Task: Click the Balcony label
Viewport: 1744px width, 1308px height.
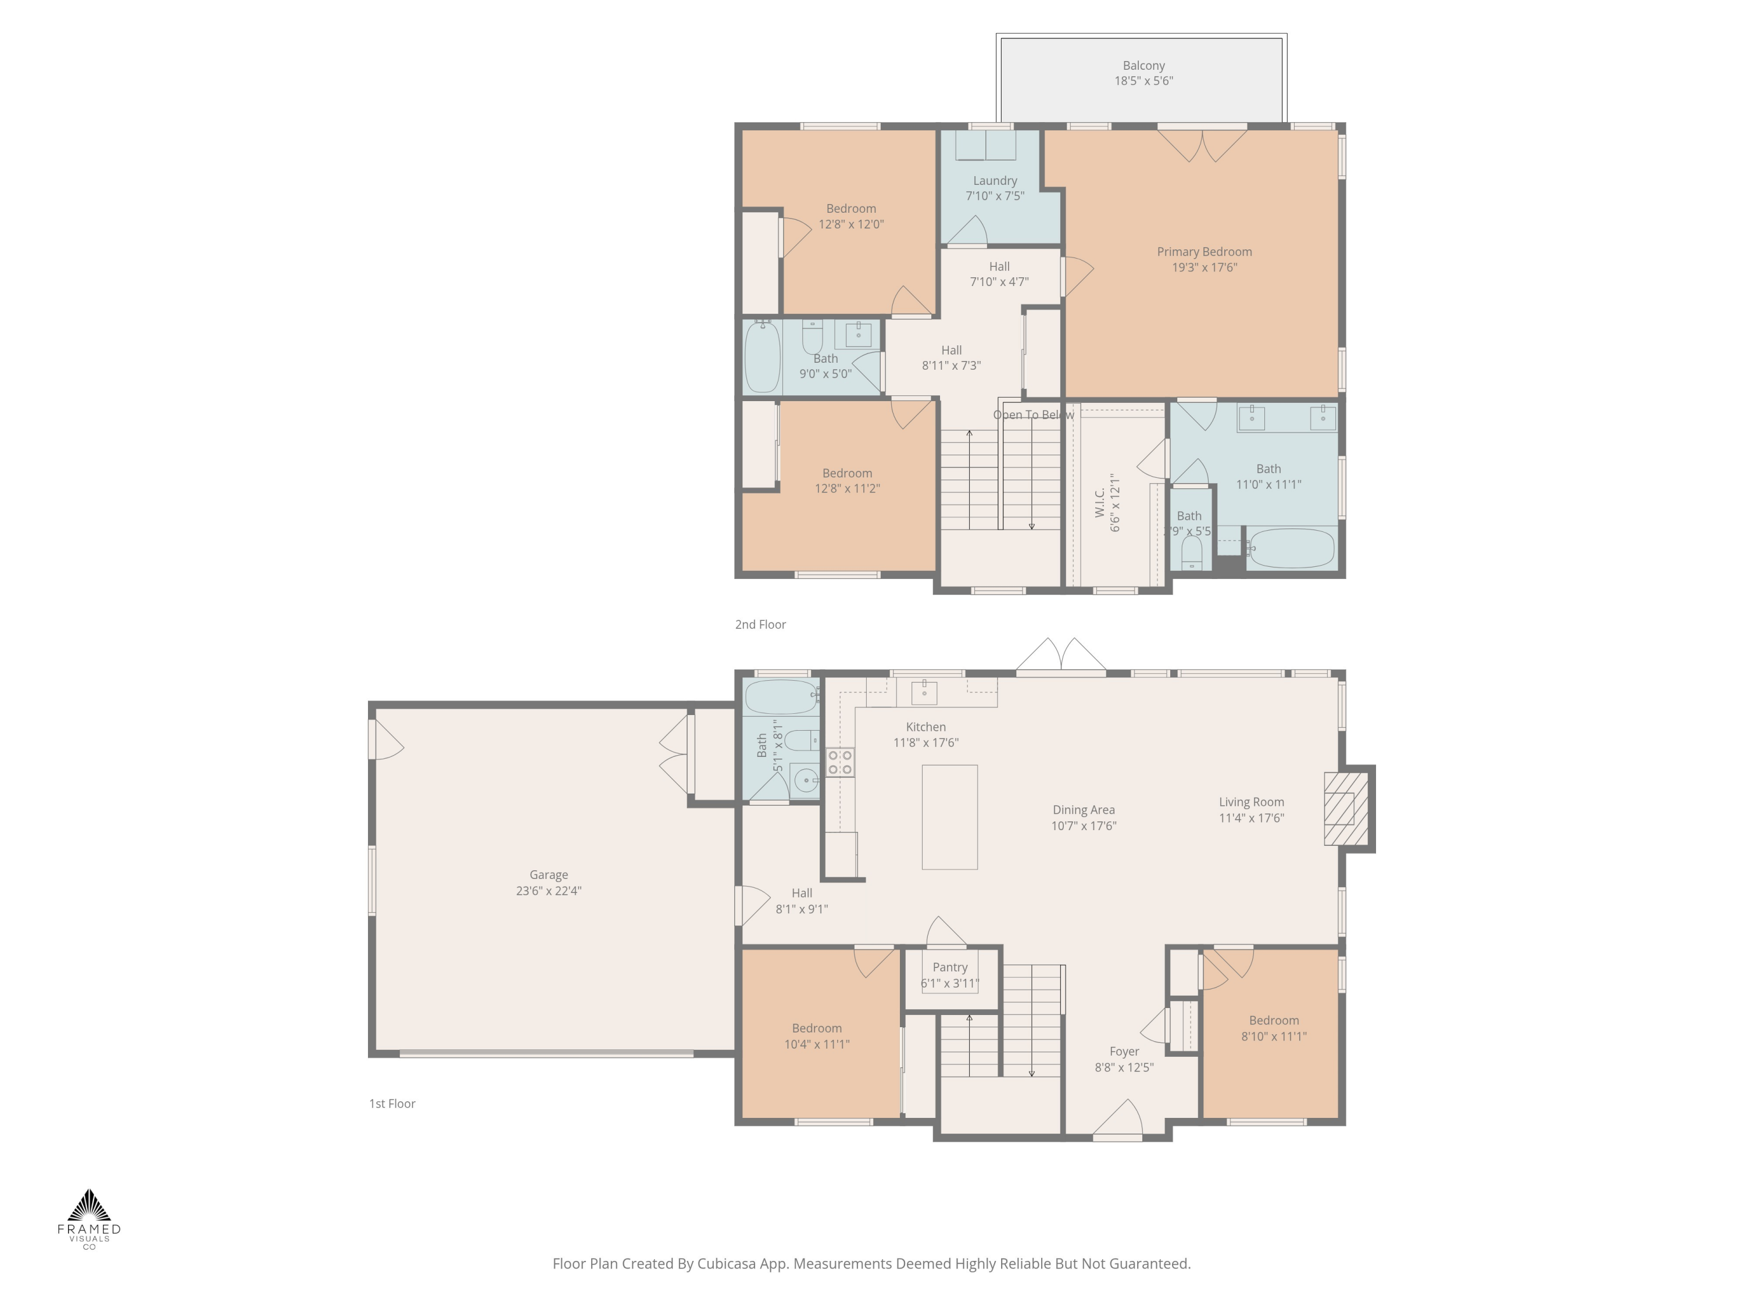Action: (1143, 66)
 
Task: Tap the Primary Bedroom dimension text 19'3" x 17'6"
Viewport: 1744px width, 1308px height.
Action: (1204, 267)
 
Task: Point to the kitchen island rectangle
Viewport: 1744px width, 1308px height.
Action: (949, 817)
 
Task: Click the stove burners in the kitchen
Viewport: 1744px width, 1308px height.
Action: (839, 762)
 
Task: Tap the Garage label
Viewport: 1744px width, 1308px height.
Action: (548, 874)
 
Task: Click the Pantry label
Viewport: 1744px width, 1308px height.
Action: (949, 967)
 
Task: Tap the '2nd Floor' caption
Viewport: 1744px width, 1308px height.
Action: (760, 624)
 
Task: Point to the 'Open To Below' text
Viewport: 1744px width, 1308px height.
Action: (1033, 414)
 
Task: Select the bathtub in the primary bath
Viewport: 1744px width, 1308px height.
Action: (1292, 548)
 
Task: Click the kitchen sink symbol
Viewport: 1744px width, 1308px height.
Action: (924, 692)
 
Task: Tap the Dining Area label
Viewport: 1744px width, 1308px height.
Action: (1083, 810)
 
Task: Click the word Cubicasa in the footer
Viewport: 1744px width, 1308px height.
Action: (726, 1263)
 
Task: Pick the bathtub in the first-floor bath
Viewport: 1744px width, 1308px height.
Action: (781, 697)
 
